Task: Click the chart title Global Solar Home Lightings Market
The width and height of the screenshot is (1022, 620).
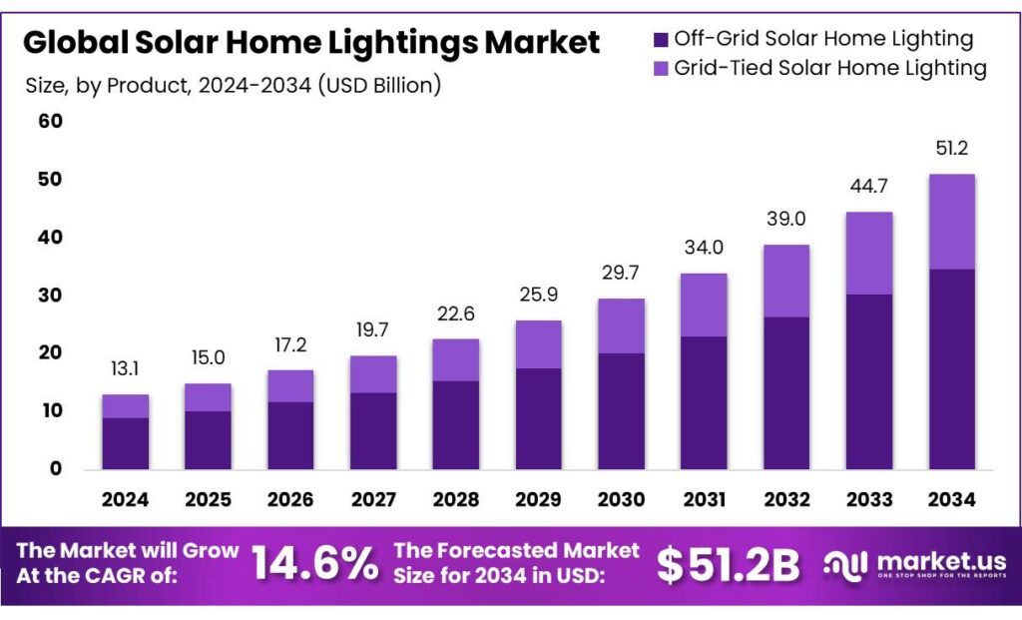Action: [311, 43]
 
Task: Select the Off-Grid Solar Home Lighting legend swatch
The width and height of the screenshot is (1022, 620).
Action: [661, 40]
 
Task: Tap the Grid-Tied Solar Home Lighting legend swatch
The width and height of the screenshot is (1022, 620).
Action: [661, 69]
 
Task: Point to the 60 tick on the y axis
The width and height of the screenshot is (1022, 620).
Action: [50, 122]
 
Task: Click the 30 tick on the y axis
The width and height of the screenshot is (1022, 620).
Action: [50, 296]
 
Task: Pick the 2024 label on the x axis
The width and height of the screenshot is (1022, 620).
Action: [125, 499]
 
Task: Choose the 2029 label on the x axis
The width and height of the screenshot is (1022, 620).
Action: [538, 499]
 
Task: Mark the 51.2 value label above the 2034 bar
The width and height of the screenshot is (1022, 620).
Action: [951, 150]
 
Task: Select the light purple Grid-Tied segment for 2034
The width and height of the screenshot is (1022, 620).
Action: [951, 222]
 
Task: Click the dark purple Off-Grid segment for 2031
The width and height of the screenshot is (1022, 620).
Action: [704, 402]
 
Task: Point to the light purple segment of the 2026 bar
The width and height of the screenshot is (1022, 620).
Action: [290, 386]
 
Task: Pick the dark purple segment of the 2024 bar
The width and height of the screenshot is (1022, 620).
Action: [125, 443]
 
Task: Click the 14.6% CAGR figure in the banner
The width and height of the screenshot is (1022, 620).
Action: [314, 564]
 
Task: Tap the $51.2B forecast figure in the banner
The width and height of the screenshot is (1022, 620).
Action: [728, 565]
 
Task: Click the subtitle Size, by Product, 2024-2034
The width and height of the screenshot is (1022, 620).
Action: [233, 86]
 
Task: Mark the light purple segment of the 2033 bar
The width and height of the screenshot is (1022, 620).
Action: [868, 254]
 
